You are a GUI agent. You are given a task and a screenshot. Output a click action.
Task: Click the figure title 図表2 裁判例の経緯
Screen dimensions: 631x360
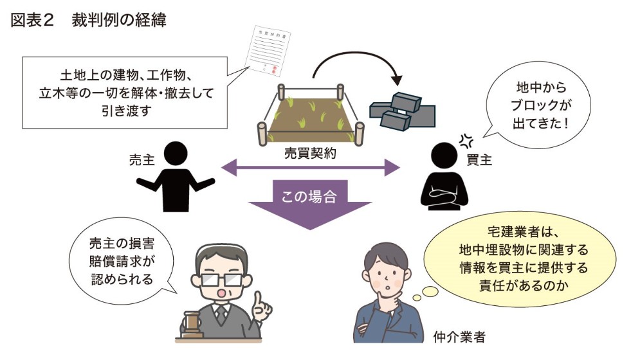(88, 20)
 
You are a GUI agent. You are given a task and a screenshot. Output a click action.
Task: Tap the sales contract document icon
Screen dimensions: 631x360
(268, 50)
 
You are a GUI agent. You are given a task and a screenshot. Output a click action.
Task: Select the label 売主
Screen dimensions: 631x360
(142, 159)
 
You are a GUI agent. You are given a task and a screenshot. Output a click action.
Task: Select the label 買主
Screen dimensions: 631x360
(479, 159)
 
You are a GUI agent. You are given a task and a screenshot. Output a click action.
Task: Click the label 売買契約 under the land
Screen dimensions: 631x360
(310, 153)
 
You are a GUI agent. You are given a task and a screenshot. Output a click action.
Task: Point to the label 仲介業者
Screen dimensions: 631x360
(459, 337)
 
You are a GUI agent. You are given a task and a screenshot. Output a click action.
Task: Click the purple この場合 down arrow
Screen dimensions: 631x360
(309, 204)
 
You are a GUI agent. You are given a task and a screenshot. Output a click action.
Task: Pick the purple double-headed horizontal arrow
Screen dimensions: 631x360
(310, 168)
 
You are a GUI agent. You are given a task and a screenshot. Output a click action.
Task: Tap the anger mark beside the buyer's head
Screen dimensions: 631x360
(466, 140)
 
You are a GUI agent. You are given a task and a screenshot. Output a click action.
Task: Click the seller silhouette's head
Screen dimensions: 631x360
(176, 153)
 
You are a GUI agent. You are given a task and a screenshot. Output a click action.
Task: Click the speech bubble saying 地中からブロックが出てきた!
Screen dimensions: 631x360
(538, 106)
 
